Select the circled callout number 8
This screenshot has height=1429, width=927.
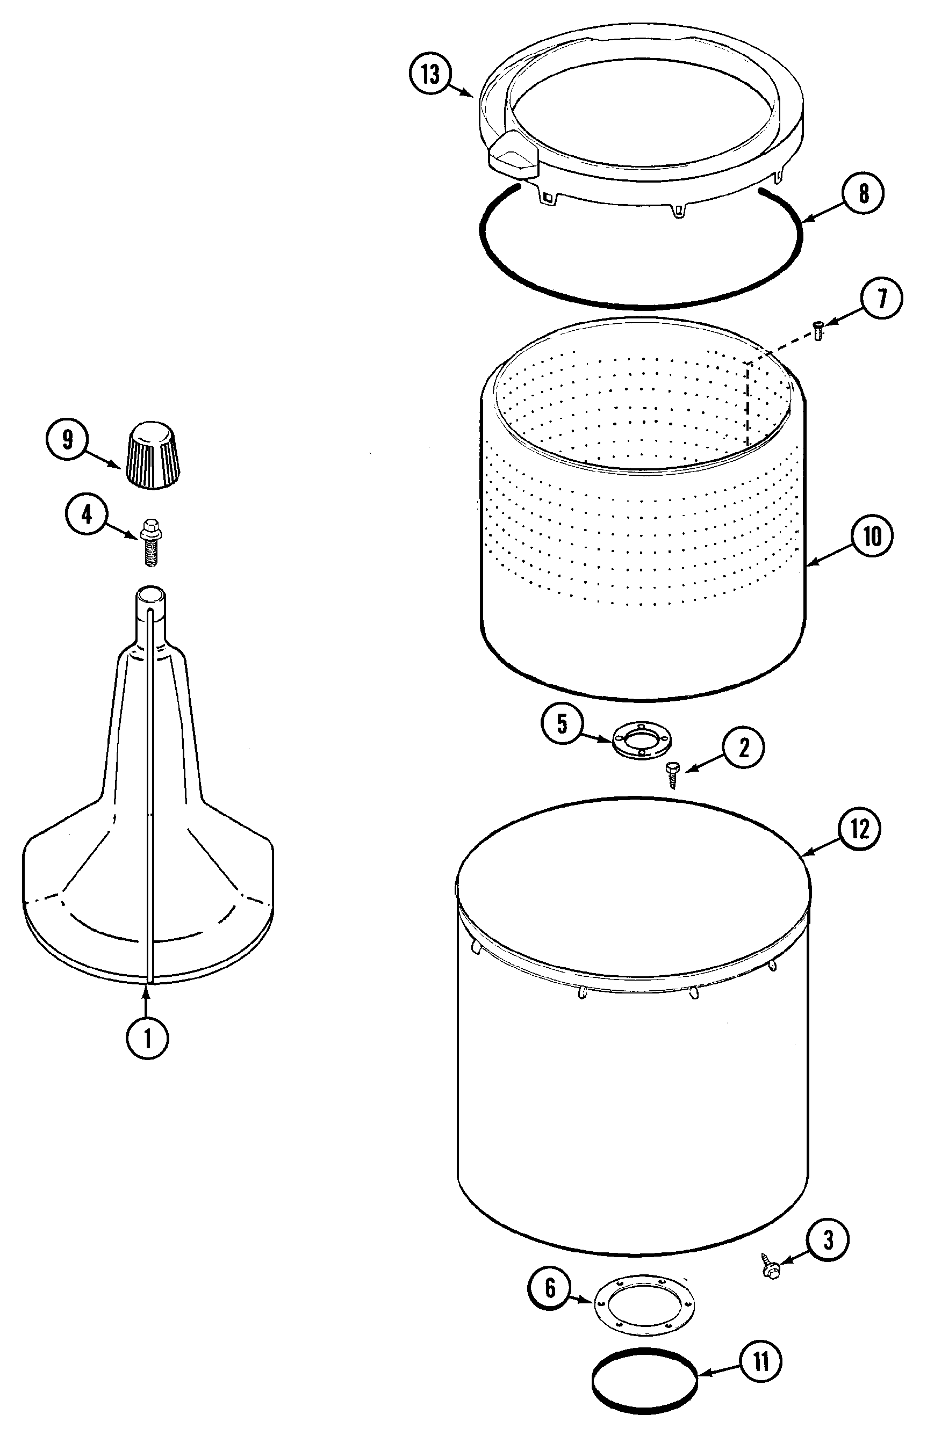[x=863, y=194]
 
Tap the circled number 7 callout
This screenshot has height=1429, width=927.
[x=881, y=299]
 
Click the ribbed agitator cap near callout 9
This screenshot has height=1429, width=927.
[x=153, y=454]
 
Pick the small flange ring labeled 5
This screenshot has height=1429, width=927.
[x=641, y=742]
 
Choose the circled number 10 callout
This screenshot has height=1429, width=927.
[x=872, y=535]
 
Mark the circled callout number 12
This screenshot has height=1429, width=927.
[x=859, y=829]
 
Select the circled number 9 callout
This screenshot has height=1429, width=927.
[x=67, y=440]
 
